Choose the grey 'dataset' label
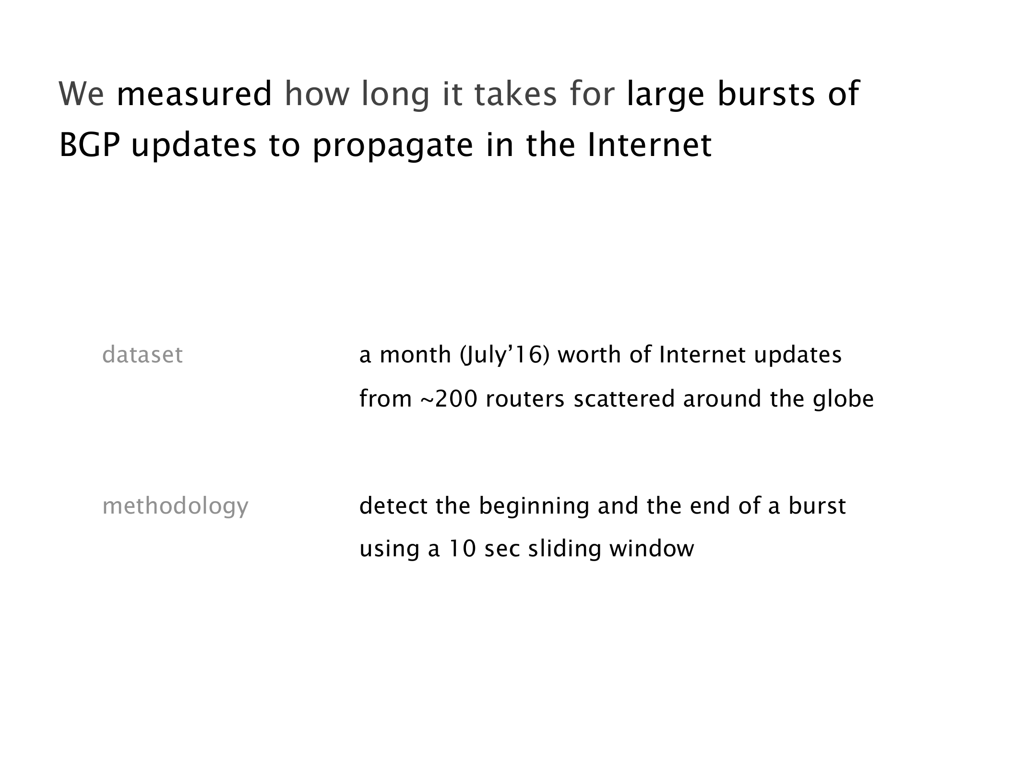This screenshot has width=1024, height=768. pyautogui.click(x=143, y=355)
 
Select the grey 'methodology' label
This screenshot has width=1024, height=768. pyautogui.click(x=176, y=506)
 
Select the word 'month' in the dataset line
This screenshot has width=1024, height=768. pyautogui.click(x=416, y=355)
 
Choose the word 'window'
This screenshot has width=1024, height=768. pyautogui.click(x=652, y=549)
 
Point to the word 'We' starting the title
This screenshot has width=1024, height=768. pyautogui.click(x=81, y=94)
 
